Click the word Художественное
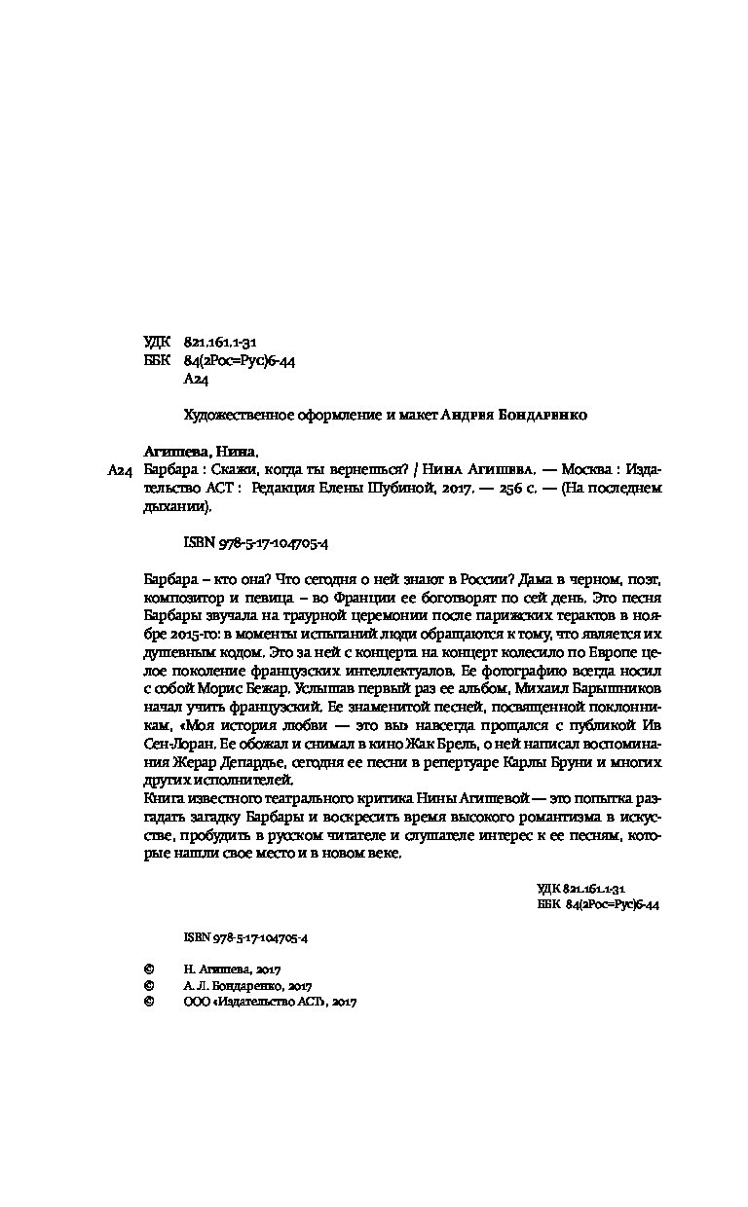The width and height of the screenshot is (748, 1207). [x=230, y=414]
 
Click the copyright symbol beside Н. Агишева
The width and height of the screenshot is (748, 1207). [x=149, y=970]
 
